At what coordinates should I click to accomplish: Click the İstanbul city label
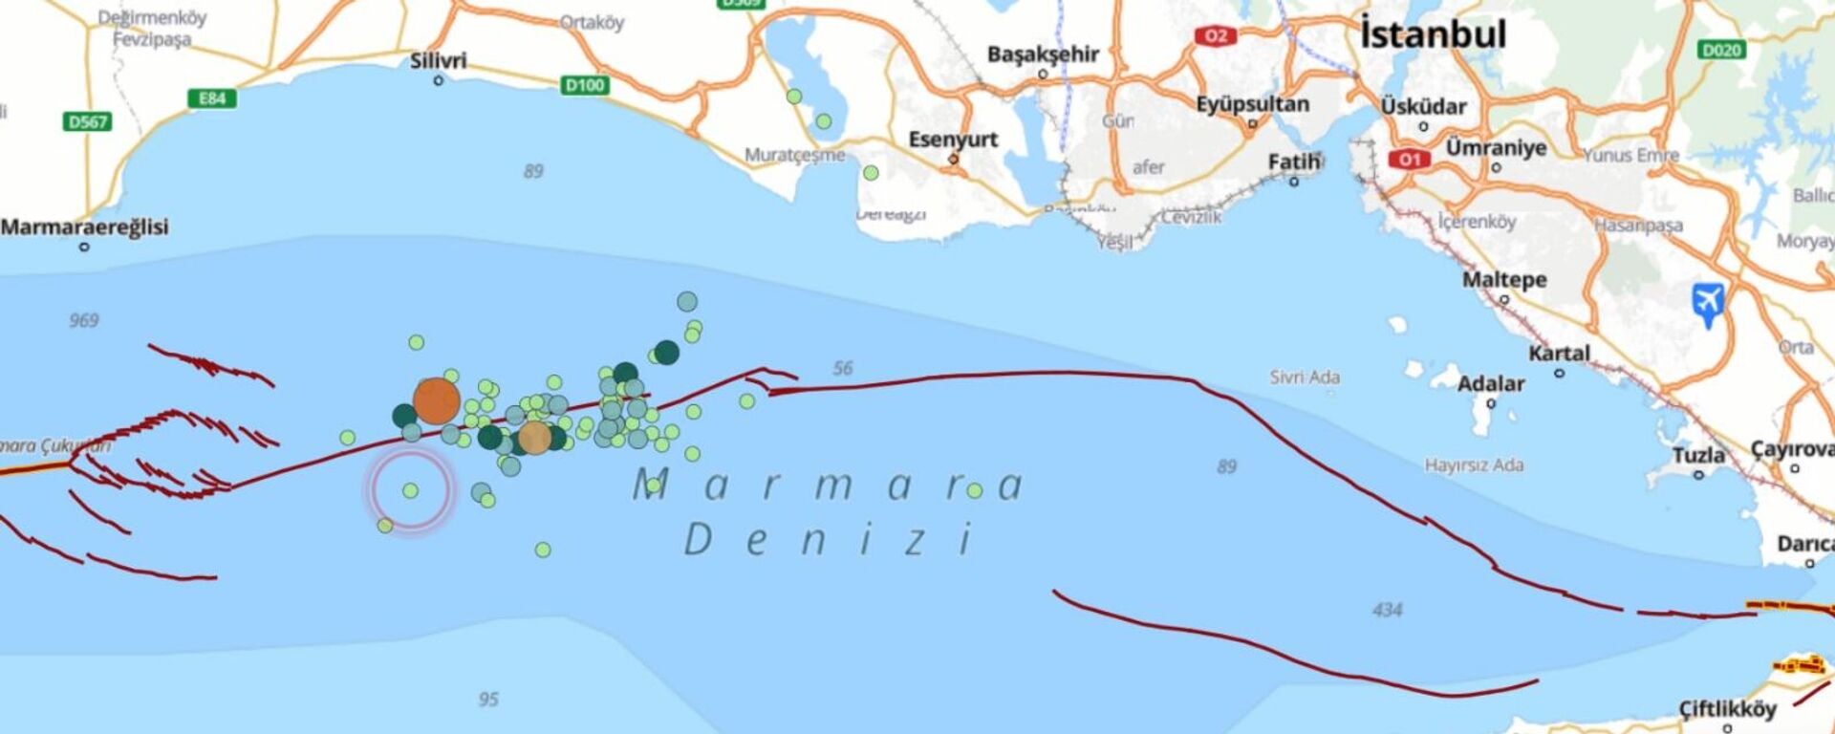1433,35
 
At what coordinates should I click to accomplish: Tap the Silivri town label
439,61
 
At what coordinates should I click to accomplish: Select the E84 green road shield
211,98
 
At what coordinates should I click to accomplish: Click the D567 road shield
88,122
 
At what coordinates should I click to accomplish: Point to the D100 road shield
584,85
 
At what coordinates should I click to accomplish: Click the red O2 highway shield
1215,36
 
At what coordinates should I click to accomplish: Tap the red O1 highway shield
1410,160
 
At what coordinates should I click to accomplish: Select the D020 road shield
1721,50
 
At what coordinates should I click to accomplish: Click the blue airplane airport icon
1708,303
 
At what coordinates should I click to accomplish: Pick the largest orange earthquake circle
437,400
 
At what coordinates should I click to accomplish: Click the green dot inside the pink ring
410,490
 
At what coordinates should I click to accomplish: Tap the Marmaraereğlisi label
84,227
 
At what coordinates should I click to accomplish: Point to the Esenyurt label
953,140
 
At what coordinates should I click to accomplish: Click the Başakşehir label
1043,54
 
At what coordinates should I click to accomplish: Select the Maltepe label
1504,280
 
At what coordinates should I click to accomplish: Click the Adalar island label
1490,384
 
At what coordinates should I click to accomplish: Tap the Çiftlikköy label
1727,709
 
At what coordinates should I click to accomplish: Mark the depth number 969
84,320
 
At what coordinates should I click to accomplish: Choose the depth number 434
1387,610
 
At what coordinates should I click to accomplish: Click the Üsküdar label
1423,106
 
